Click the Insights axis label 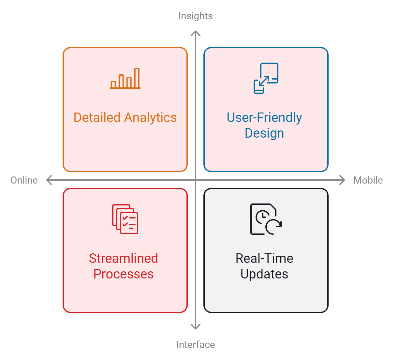(x=195, y=16)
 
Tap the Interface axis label (x=195, y=345)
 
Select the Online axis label (x=24, y=180)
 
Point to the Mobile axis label (x=368, y=180)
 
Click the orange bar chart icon (x=125, y=79)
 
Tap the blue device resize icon (x=266, y=78)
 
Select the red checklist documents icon (x=125, y=219)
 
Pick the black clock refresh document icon (x=266, y=219)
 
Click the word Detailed (x=97, y=117)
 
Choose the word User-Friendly (x=264, y=117)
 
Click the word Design (x=264, y=133)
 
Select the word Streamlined (x=124, y=258)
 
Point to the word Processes (x=124, y=274)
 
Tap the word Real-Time (x=264, y=258)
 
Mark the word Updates (x=264, y=274)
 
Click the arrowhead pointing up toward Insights (x=196, y=33)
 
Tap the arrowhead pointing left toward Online (x=49, y=180)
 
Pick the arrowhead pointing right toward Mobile (x=342, y=180)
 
